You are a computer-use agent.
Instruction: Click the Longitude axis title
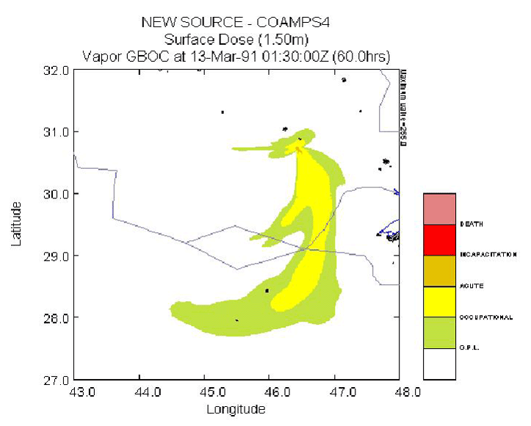tap(236, 409)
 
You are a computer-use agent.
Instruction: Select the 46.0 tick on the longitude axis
tap(272, 391)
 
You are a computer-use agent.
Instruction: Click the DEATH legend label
tap(471, 223)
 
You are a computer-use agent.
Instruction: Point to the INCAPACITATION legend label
tap(488, 255)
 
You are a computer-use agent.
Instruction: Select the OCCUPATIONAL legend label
tap(485, 317)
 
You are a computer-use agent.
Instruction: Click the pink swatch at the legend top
tap(439, 208)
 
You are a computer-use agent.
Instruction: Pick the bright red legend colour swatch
tap(439, 239)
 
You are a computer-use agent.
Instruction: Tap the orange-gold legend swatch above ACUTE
tap(439, 270)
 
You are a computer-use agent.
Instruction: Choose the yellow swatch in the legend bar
tap(439, 301)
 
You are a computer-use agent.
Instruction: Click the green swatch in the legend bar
tap(439, 332)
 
